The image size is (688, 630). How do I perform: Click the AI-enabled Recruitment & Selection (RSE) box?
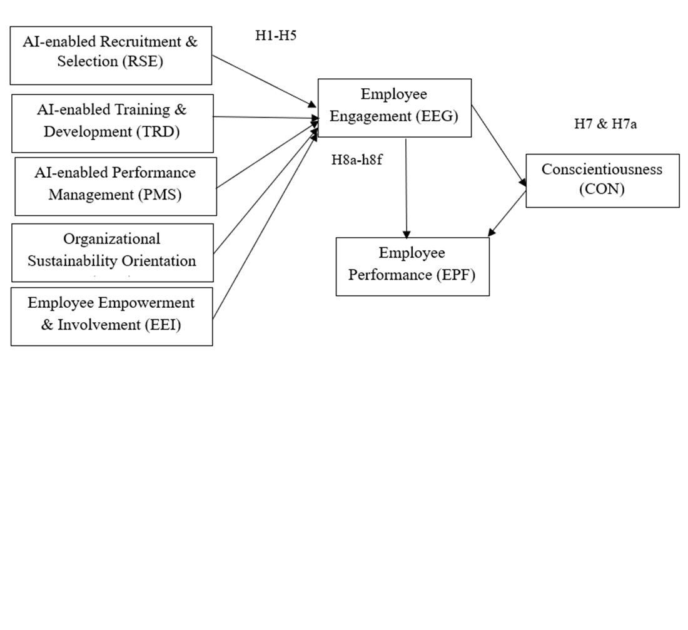[x=110, y=55]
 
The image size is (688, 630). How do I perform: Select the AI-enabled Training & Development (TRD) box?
[x=112, y=123]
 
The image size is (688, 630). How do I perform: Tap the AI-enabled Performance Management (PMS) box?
[x=115, y=186]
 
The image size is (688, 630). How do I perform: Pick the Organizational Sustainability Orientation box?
[x=112, y=251]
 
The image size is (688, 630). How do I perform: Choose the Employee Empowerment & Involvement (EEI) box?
[x=111, y=315]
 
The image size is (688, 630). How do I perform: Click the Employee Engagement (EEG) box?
[x=394, y=107]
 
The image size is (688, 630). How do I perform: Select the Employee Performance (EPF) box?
[x=412, y=266]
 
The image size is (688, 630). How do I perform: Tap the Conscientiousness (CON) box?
[x=602, y=180]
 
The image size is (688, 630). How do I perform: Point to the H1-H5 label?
[x=275, y=36]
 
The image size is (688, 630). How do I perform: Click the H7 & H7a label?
[x=605, y=124]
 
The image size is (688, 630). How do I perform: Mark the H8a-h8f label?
[x=357, y=160]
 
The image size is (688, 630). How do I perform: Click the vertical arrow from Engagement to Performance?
[x=406, y=188]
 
